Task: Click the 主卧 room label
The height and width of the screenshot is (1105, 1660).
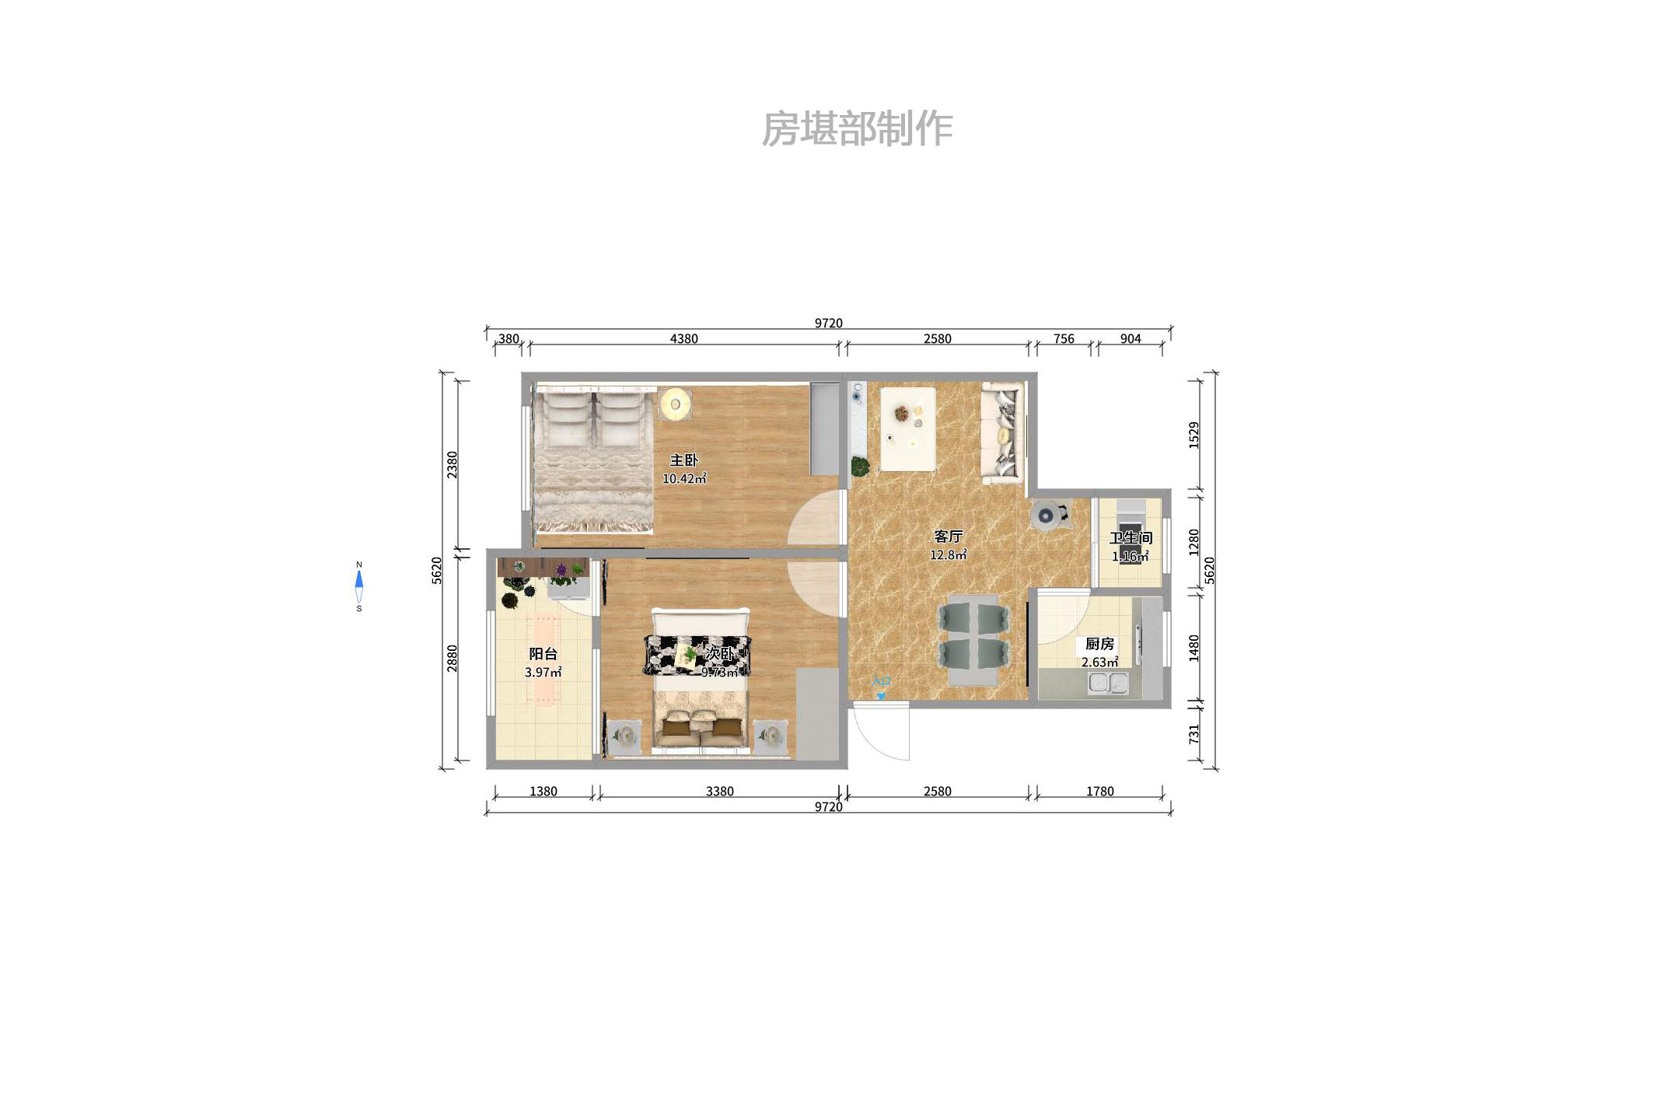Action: pyautogui.click(x=683, y=460)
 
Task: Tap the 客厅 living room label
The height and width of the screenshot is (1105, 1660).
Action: pyautogui.click(x=948, y=537)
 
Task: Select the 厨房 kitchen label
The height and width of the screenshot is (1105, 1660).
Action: pyautogui.click(x=1099, y=644)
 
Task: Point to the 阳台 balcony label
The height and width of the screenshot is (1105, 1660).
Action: pyautogui.click(x=543, y=654)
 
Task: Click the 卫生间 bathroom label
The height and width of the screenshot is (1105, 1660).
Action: pyautogui.click(x=1131, y=538)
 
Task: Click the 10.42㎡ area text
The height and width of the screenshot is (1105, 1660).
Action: pyautogui.click(x=684, y=479)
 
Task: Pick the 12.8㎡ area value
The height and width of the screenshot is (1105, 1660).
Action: pyautogui.click(x=948, y=555)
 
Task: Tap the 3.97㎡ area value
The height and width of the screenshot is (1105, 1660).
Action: pyautogui.click(x=543, y=673)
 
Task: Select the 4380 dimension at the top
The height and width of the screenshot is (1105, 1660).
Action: pyautogui.click(x=683, y=339)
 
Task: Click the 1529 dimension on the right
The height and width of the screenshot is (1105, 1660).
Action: pyautogui.click(x=1194, y=435)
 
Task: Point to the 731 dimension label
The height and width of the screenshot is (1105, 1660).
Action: pyautogui.click(x=1194, y=733)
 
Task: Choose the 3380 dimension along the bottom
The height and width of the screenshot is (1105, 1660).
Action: pyautogui.click(x=719, y=792)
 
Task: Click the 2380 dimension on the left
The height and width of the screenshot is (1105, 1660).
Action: pyautogui.click(x=453, y=464)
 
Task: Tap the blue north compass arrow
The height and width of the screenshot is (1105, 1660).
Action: pyautogui.click(x=359, y=579)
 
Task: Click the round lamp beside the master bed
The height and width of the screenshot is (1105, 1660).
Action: pyautogui.click(x=675, y=404)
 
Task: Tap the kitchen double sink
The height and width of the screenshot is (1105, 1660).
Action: pyautogui.click(x=1108, y=683)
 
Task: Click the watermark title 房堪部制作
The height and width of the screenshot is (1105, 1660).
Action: pyautogui.click(x=857, y=128)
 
